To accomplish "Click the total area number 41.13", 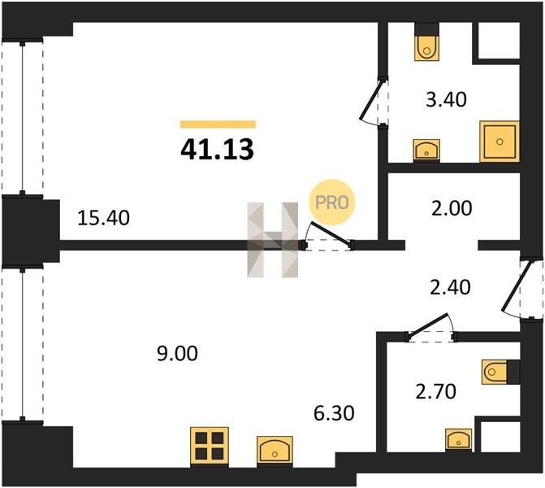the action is coord(217,150).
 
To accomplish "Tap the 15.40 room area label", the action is coord(104,218).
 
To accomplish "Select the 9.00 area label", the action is coord(177,354).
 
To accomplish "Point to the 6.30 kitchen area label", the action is coord(334,413).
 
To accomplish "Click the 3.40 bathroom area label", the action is coord(446,99).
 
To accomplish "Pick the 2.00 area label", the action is coord(452,208).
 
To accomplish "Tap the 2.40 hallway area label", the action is coord(451,288).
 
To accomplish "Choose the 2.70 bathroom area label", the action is coord(436,391).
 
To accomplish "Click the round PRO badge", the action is coord(331,203).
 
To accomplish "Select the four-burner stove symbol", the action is coord(210,447).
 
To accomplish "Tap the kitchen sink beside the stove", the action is coord(275,450).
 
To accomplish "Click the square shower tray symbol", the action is coord(500,142).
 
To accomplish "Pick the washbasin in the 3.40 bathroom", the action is coord(426,150).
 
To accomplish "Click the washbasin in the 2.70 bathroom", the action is coord(459,439).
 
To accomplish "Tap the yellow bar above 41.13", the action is coord(218,124).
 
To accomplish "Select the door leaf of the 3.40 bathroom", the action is coord(371,100).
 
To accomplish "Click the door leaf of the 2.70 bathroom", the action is coord(428,325).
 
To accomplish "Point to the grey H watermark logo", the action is coord(273,240).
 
